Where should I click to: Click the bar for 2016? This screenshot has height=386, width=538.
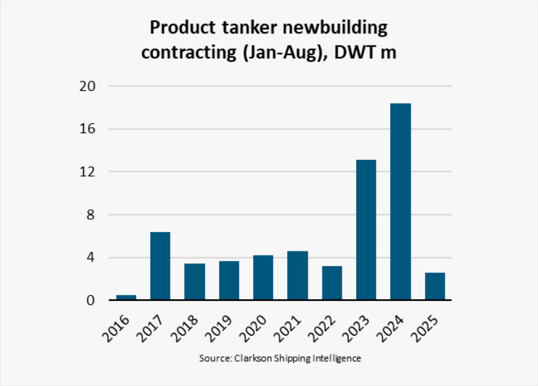126,297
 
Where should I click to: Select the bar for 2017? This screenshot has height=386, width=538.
160,266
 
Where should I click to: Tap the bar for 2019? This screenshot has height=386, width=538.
229,280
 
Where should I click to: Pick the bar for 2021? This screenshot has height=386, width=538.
298,275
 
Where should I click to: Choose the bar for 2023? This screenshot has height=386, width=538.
366,230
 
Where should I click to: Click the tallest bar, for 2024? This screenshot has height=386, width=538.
401,202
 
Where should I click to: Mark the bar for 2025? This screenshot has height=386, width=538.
435,286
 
